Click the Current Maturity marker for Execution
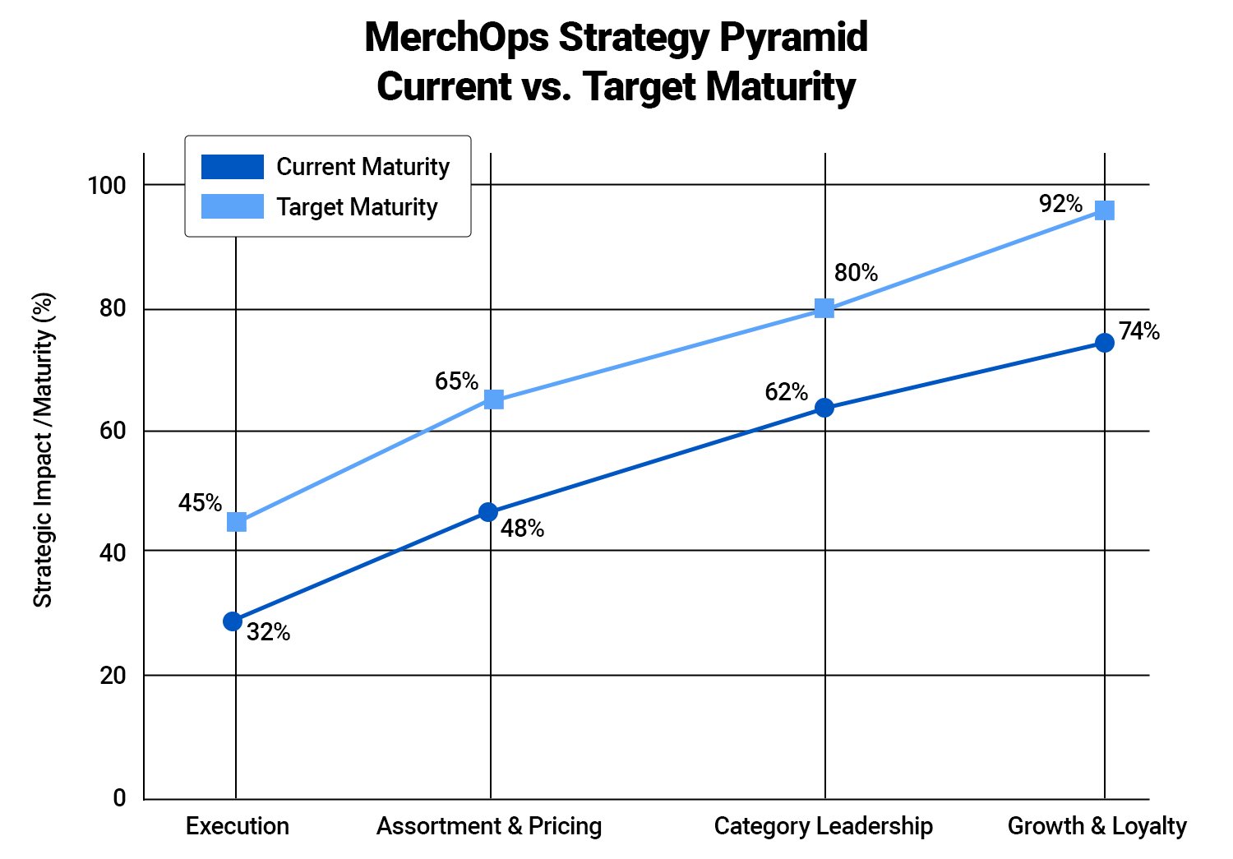[x=233, y=621]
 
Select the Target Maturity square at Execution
[x=236, y=522]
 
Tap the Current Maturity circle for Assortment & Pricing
[x=487, y=512]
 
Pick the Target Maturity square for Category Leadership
[x=824, y=308]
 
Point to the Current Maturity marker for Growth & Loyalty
[x=1105, y=343]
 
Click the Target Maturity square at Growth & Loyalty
[x=1105, y=210]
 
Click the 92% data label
[x=1060, y=204]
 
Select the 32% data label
[x=268, y=632]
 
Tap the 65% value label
[x=456, y=381]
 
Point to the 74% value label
[x=1139, y=331]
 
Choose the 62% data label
[x=786, y=392]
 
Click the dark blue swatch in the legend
[x=233, y=167]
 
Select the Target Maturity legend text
[x=357, y=207]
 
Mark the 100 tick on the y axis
[x=107, y=186]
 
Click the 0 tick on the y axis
[x=120, y=798]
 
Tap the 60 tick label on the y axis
[x=113, y=431]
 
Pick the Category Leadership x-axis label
[x=823, y=826]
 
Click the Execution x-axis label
[x=237, y=826]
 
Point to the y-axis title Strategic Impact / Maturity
[x=43, y=450]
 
